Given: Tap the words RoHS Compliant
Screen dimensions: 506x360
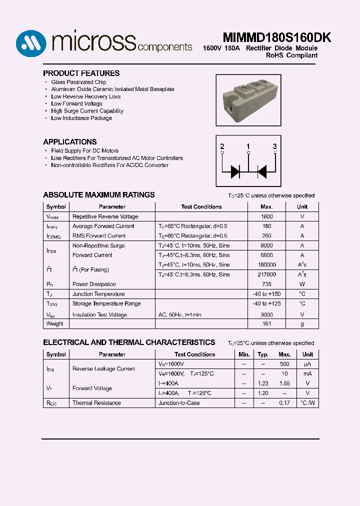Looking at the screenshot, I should pos(291,55).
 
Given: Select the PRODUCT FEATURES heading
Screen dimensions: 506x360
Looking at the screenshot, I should pos(81,73).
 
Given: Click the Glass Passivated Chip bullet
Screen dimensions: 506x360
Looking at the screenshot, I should pos(78,82).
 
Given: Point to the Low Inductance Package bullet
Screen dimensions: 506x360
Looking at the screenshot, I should pos(81,118).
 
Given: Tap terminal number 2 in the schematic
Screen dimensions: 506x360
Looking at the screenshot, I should pos(222,146).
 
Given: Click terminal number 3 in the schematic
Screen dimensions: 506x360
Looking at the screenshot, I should pos(274,146).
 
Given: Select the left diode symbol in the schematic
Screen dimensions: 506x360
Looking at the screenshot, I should pos(235,171).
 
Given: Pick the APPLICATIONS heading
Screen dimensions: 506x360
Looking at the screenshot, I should pos(69,142).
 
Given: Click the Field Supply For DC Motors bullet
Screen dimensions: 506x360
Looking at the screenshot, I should pos(84,150).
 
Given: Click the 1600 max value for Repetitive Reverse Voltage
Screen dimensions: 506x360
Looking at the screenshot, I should pos(266,216).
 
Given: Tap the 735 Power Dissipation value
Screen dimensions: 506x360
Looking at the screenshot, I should pos(266,284).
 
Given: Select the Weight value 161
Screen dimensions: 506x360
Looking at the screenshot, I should pos(266,323).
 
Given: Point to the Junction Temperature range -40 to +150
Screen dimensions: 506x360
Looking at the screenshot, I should pos(266,294).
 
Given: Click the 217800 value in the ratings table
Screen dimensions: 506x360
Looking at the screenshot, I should pos(266,274).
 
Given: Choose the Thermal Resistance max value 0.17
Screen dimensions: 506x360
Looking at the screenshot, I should pos(284,403).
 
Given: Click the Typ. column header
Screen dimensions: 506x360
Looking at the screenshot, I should pos(263,354).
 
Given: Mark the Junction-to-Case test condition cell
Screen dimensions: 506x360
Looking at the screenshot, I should pos(178,403).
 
